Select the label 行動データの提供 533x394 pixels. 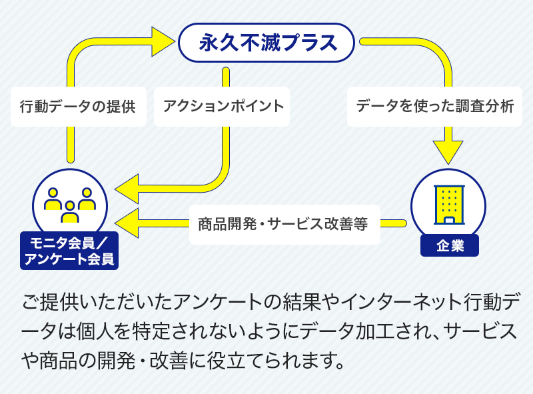pos(78,106)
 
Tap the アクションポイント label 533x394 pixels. pos(223,106)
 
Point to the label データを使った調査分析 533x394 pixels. pos(434,106)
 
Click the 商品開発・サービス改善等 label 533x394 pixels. pos(284,223)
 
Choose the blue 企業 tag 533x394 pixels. pos(450,245)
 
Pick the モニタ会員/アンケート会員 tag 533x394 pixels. pos(69,250)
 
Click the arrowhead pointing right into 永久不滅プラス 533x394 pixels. pos(163,43)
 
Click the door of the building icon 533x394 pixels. pos(449,219)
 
